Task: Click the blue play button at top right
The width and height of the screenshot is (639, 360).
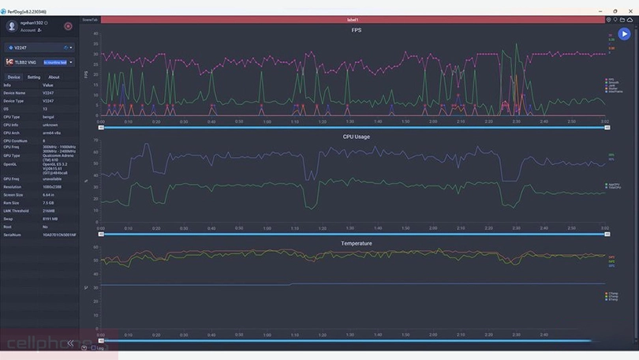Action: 624,34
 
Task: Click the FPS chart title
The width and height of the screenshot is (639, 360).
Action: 357,30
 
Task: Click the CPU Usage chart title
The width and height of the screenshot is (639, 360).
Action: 356,137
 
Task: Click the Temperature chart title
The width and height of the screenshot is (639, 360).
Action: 356,243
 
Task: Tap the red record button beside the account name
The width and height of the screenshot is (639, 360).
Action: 68,26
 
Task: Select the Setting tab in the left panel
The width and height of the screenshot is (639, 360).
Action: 34,77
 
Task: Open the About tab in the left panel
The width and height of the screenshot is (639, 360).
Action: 54,77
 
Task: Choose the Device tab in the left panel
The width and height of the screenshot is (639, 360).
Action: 14,77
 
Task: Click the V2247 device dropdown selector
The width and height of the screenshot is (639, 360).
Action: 38,47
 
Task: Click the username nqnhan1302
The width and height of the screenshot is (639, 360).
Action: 32,24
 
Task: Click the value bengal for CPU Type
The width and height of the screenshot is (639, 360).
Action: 48,116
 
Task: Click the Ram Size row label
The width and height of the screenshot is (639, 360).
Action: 12,202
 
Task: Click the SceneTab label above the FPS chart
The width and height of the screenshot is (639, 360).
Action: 89,19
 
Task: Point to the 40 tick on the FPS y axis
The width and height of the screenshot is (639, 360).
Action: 95,34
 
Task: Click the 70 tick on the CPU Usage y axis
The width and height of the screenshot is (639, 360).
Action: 95,141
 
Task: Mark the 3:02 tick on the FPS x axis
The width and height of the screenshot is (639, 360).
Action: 604,122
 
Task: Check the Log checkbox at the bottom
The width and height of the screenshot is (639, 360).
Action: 92,347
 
